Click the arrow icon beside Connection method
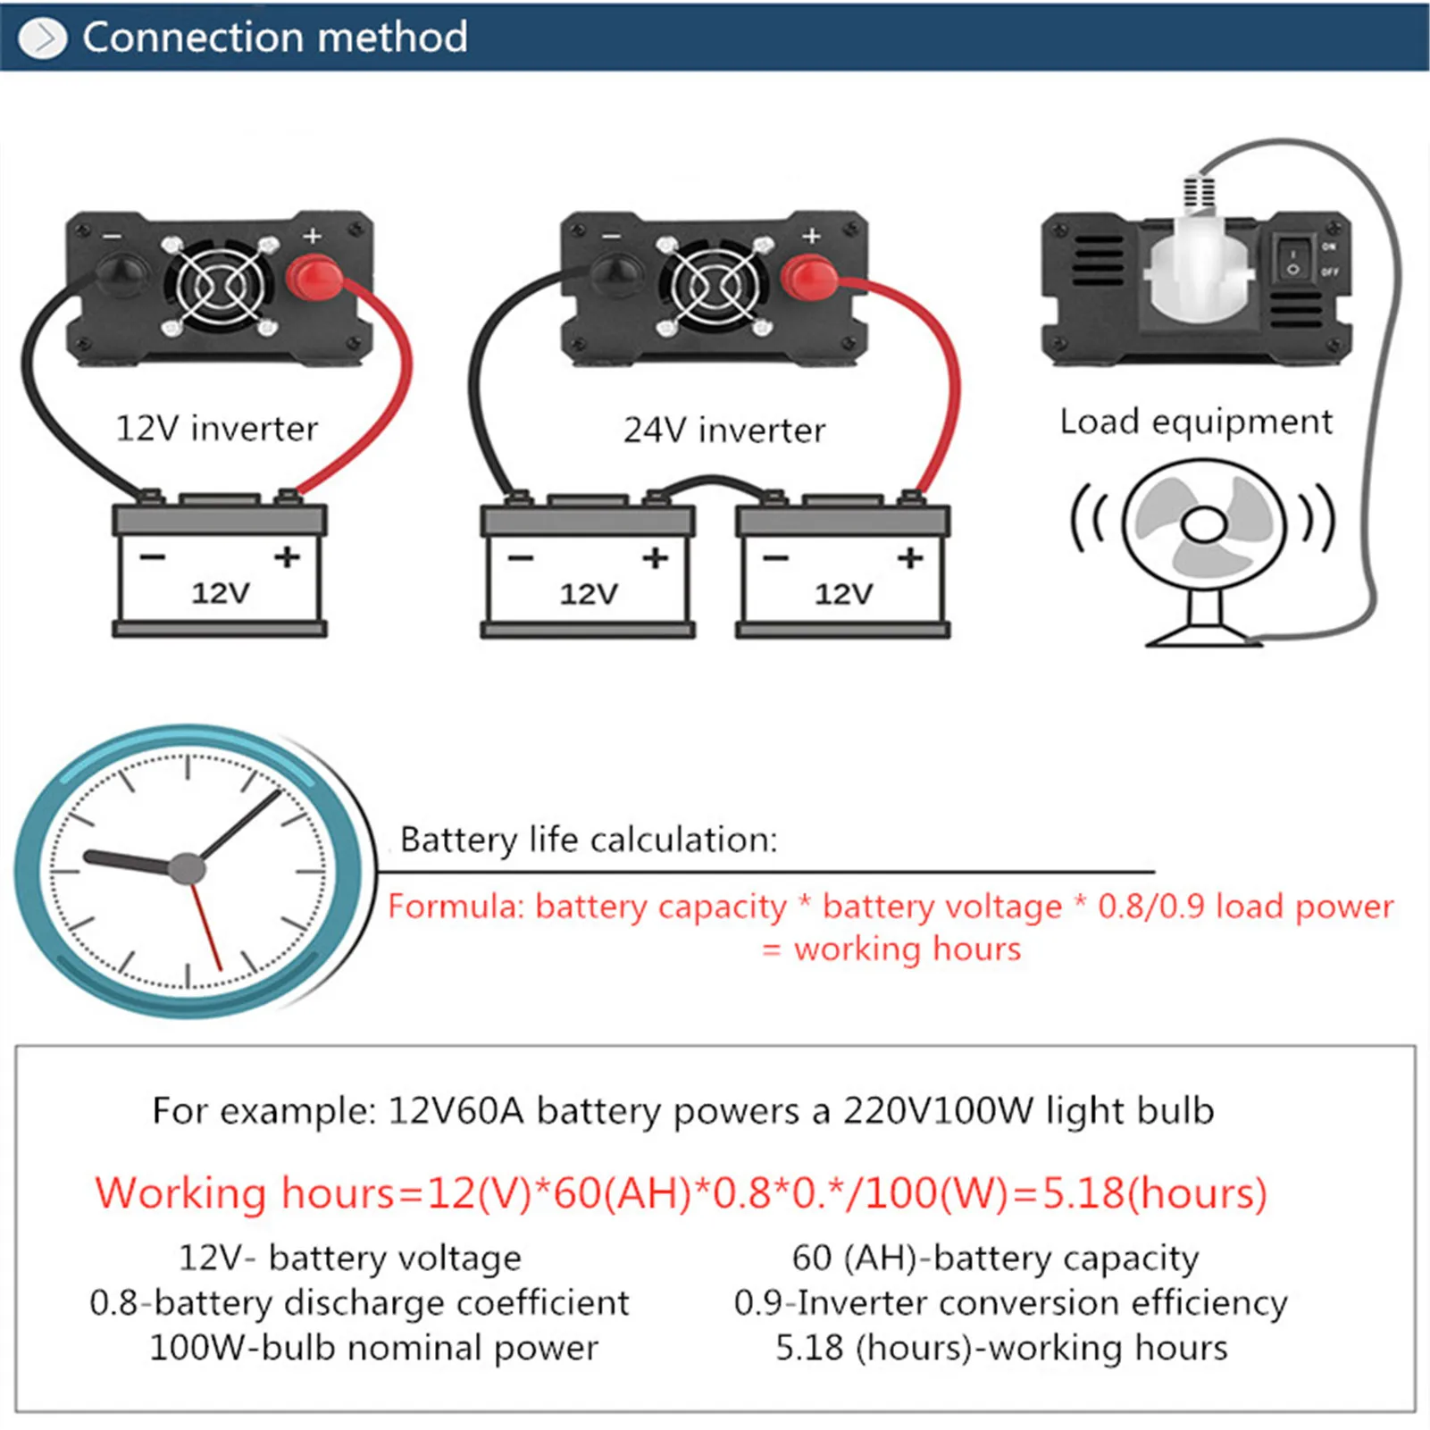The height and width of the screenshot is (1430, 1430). tap(42, 38)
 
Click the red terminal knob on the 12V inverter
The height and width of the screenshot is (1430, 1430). tap(314, 278)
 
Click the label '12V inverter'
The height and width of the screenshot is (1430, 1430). tap(216, 429)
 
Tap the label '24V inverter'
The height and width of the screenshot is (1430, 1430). tap(724, 431)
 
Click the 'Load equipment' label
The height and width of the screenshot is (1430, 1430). tap(1196, 422)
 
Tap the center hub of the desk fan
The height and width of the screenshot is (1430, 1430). tap(1204, 524)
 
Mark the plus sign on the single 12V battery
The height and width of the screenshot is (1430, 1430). tap(287, 557)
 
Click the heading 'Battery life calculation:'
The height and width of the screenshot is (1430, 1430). tap(589, 840)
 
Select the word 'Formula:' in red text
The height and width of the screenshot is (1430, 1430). tap(456, 907)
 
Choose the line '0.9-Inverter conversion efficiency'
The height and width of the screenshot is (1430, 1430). tap(1010, 1302)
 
